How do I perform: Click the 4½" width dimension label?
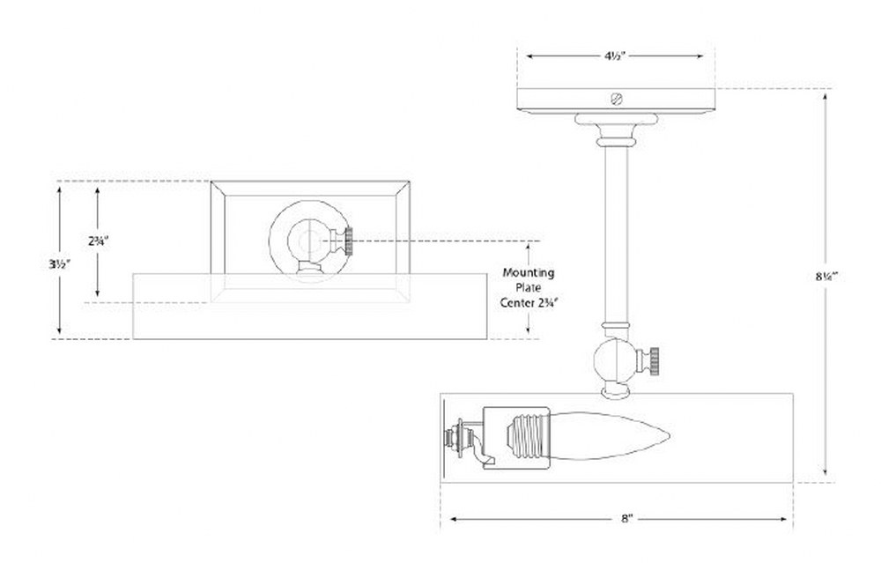[x=616, y=56]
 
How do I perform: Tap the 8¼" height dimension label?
[x=826, y=277]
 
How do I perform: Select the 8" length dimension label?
[x=627, y=519]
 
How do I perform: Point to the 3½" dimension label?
[x=58, y=263]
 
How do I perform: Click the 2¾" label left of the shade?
[x=98, y=241]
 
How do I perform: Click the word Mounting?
[x=528, y=273]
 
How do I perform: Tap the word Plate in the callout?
[x=528, y=288]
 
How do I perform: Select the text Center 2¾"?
[x=529, y=302]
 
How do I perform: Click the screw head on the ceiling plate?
[x=617, y=100]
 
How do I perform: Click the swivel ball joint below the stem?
[x=615, y=360]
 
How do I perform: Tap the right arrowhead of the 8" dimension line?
[x=784, y=519]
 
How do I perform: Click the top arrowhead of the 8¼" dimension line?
[x=825, y=98]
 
